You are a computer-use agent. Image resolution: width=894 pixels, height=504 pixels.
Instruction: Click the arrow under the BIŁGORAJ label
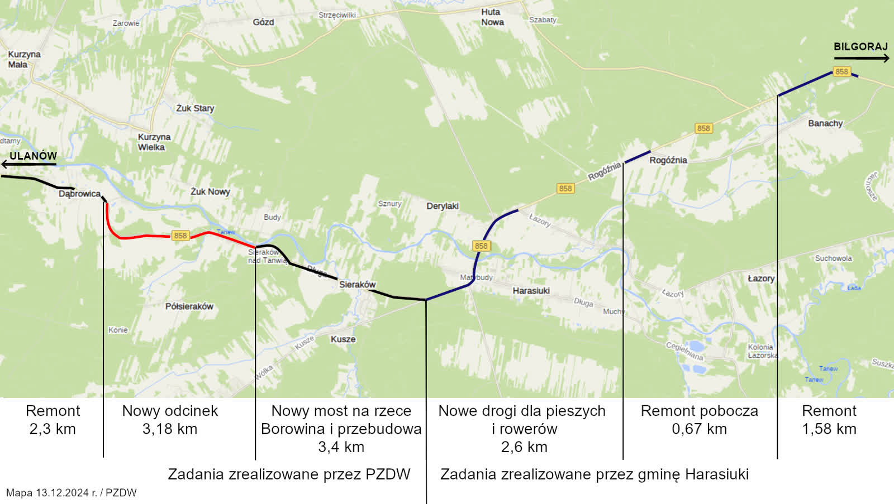861,58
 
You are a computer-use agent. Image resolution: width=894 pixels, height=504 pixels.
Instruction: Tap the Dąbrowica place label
79,194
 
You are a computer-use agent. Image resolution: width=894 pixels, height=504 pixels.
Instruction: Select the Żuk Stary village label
195,108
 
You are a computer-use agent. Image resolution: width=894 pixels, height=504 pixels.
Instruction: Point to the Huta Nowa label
492,17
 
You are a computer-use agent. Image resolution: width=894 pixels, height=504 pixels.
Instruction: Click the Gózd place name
263,22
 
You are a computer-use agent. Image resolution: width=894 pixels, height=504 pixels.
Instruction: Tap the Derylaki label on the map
443,206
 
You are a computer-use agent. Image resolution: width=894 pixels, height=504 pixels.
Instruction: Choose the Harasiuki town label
531,291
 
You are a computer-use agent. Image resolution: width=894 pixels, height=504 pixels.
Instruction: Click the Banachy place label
825,123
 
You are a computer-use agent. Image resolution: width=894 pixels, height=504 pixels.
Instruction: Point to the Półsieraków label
189,306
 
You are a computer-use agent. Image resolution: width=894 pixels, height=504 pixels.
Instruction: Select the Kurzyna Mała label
24,59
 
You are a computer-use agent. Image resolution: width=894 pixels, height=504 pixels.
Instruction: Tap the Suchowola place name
833,258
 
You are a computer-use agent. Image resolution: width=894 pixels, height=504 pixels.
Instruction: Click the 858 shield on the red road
180,236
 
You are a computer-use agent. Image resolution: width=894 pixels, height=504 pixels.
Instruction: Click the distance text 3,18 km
170,429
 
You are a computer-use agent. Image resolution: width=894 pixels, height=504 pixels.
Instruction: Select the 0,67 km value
699,429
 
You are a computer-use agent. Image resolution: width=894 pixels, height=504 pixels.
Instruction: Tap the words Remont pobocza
699,411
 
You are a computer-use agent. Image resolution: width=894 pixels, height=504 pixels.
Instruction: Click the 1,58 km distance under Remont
829,429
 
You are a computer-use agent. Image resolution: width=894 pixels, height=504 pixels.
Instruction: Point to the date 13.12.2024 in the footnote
62,493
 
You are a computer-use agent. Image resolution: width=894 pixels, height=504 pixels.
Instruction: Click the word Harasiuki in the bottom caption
716,474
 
